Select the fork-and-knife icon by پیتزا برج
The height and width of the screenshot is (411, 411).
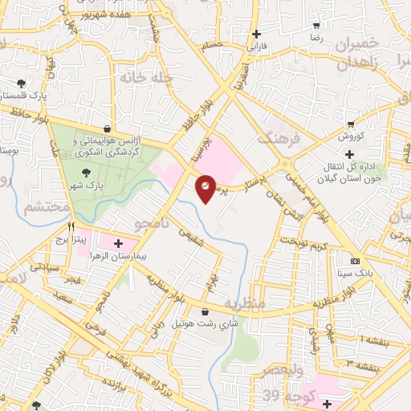71,227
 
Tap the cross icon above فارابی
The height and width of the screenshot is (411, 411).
256,34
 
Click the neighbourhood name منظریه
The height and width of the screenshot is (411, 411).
244,305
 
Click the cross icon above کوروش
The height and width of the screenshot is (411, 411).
348,153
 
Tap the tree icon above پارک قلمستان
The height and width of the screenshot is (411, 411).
21,83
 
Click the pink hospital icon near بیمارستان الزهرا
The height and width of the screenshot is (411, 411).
118,242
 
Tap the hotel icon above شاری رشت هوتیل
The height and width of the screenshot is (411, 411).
205,312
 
